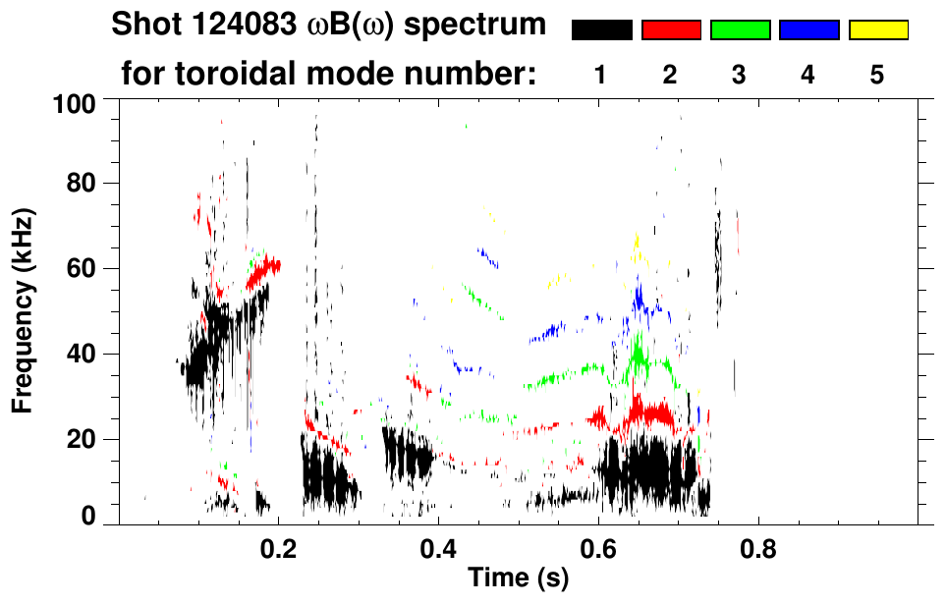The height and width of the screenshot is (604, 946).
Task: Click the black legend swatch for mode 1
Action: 602,30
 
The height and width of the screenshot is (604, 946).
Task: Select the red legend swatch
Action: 671,30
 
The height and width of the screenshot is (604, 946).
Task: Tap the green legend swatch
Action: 740,30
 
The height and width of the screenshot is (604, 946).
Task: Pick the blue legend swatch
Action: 808,30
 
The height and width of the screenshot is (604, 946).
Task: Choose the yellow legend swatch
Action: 877,30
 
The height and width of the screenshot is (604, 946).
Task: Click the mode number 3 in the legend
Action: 739,76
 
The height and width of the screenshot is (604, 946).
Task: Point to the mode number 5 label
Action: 876,76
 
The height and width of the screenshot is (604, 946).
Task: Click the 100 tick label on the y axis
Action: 74,102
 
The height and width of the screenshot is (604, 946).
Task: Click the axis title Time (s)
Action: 518,579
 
